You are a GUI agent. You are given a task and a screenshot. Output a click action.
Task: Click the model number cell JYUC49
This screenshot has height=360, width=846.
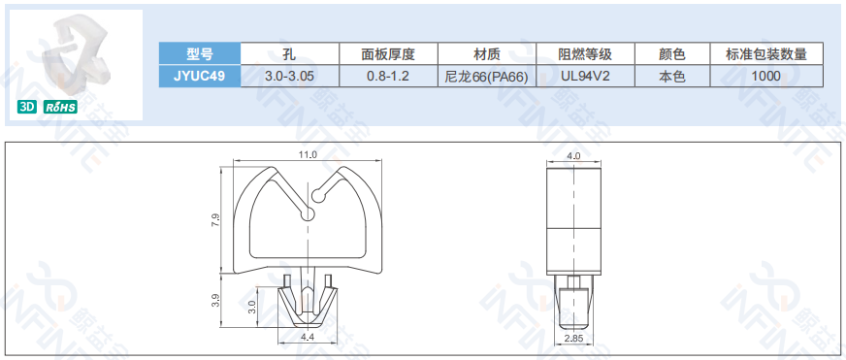coord(199,76)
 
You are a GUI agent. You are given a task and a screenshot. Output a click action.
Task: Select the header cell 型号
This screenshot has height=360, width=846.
coord(199,54)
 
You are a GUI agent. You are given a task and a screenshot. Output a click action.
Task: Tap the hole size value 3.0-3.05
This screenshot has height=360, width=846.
coord(289,76)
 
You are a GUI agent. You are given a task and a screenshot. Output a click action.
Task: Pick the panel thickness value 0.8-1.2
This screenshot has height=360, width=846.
coord(388,76)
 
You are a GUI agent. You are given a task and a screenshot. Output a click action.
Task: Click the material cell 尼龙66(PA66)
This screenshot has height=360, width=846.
coord(487,77)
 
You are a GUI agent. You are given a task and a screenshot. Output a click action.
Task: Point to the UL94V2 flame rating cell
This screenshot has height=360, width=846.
coord(585,76)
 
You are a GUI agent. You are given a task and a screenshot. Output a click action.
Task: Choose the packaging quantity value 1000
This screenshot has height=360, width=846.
coord(765,76)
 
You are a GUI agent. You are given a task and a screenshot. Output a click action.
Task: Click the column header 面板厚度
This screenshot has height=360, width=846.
coord(388,54)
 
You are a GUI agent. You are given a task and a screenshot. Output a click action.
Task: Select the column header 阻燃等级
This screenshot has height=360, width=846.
coord(585,54)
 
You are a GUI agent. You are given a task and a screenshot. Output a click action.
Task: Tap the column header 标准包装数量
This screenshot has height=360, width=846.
coord(766,54)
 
